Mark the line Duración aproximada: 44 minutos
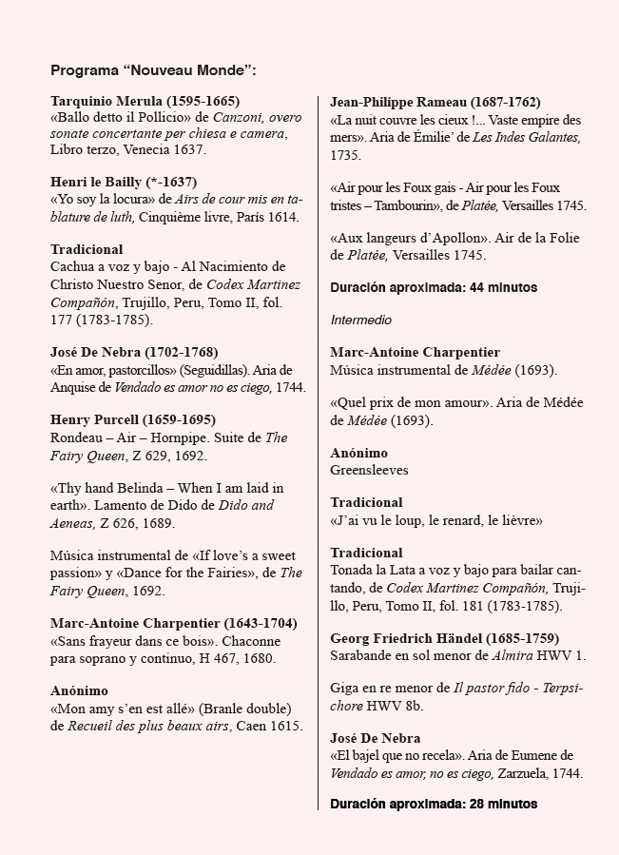pos(434,286)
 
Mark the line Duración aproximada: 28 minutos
pos(434,804)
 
